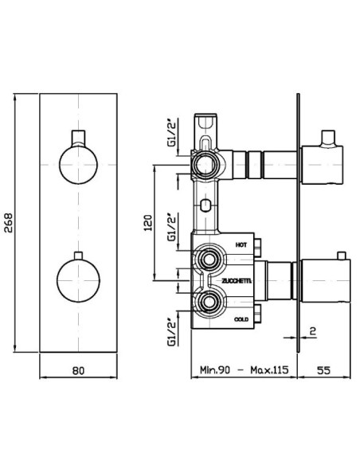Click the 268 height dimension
[x=9, y=223]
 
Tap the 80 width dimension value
[x=78, y=370]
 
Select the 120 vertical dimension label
[x=147, y=223]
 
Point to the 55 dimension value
[x=323, y=370]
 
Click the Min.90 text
[x=215, y=370]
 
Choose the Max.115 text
[x=269, y=370]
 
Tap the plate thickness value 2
[x=313, y=330]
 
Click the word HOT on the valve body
[x=241, y=245]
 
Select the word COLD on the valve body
[x=241, y=319]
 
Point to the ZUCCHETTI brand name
[x=237, y=281]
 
